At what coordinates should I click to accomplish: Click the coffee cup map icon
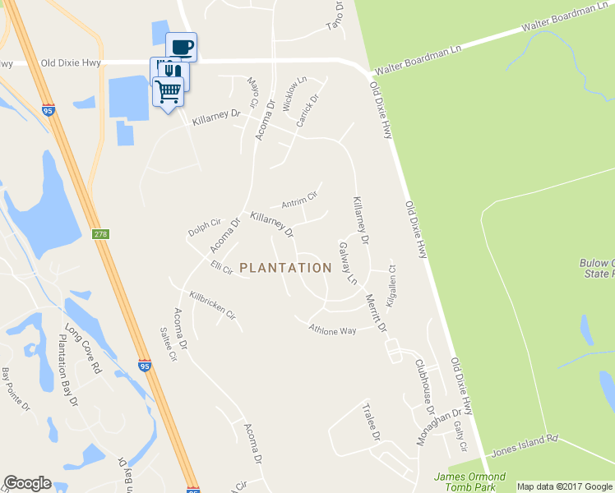(x=181, y=46)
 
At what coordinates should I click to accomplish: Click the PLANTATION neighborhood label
(x=285, y=268)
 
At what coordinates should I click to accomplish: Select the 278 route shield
(x=100, y=235)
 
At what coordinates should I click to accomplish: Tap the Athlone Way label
(x=332, y=329)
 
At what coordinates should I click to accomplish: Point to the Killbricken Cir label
(x=213, y=305)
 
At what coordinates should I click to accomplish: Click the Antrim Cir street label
(x=299, y=200)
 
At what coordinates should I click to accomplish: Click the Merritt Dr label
(x=376, y=313)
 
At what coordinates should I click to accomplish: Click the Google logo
(x=27, y=483)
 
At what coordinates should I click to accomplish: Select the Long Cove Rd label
(x=81, y=349)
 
